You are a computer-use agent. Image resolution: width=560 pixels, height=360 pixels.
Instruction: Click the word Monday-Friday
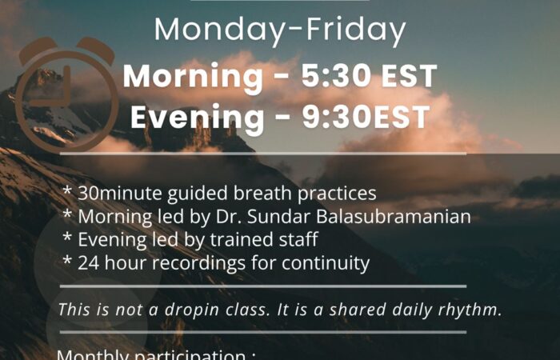[x=279, y=30]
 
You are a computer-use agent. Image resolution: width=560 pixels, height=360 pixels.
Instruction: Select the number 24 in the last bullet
[x=87, y=262]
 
